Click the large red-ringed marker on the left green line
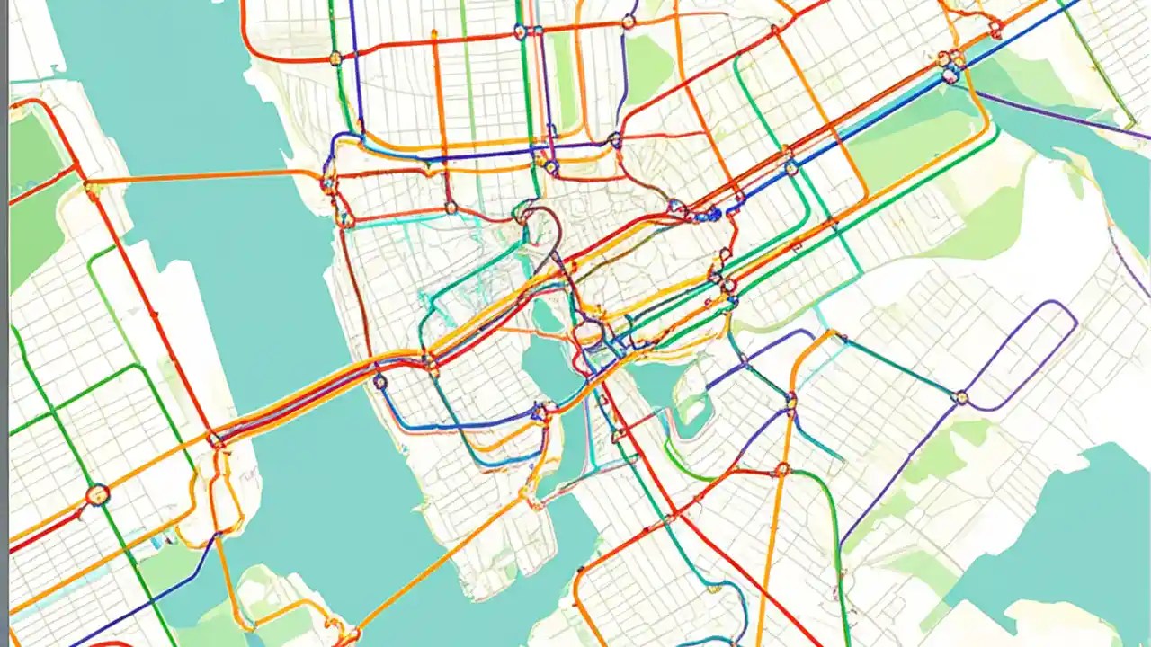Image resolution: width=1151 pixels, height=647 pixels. tap(97, 494)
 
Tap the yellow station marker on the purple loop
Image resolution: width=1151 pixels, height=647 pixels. tap(961, 396)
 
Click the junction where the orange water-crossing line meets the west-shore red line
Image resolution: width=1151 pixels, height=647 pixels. tap(92, 188)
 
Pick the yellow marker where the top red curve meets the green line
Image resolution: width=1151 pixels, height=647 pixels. tap(335, 58)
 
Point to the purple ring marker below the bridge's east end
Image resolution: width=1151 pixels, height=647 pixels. tap(380, 382)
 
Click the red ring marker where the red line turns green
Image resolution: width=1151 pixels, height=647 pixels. tap(782, 469)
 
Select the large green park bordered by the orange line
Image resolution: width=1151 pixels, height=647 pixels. tap(908, 144)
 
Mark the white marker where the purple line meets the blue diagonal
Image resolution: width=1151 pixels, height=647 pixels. tap(950, 77)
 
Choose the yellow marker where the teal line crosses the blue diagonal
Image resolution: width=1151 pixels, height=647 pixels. tap(790, 167)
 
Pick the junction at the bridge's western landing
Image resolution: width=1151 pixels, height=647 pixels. tap(216, 439)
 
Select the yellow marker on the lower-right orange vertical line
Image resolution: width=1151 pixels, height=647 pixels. tap(791, 401)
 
